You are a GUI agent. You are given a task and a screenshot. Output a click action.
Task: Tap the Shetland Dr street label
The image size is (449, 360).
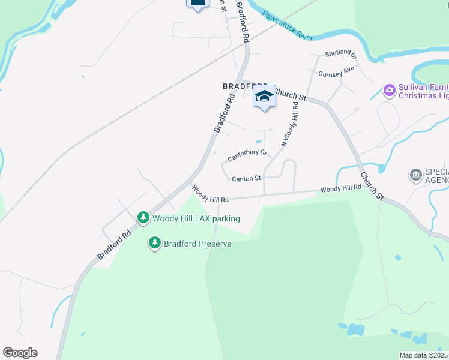341,53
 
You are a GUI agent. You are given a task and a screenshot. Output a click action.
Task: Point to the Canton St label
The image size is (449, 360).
246,178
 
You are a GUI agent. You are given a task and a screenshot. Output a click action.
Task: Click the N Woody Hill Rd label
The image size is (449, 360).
290,124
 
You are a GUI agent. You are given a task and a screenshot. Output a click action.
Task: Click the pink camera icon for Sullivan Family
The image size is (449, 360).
390,91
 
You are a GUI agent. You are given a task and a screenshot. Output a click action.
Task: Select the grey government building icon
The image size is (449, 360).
415,175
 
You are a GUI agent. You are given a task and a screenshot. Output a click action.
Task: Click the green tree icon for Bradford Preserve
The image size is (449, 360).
155,243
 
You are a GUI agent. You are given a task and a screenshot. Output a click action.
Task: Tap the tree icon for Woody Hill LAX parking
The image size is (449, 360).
143,217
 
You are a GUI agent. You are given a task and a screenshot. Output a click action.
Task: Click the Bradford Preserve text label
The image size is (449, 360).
197,244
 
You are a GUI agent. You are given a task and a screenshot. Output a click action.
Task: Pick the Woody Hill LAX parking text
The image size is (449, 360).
196,218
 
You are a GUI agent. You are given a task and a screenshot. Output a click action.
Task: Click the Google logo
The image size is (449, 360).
20,353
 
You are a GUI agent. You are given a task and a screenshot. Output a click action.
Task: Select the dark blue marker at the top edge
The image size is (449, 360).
198,3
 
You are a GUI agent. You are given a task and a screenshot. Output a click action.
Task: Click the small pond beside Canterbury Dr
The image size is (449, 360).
259,142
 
